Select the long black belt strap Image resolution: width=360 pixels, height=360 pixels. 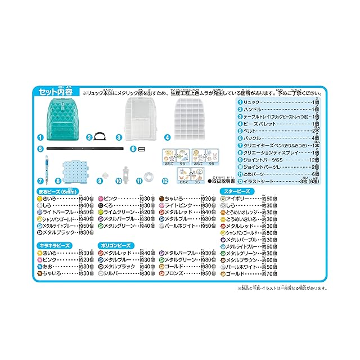click(84, 149)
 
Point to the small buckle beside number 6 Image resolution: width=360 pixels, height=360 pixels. click(141, 149)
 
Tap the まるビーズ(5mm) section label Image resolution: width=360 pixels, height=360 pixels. click(56, 192)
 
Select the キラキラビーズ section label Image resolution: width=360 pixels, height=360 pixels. click(55, 246)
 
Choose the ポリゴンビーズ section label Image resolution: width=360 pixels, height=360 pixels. click(117, 246)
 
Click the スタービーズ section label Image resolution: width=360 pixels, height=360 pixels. click(238, 192)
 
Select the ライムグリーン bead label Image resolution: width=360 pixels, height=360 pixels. click(119, 212)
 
